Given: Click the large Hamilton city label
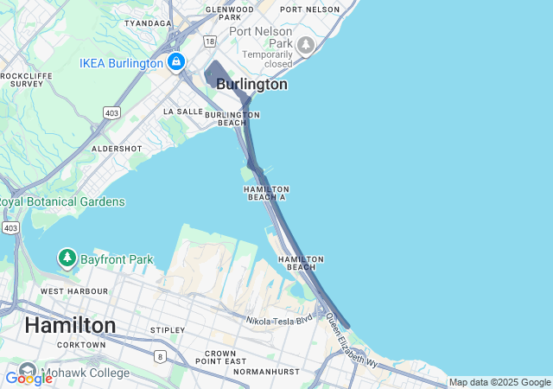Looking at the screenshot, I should (70, 325).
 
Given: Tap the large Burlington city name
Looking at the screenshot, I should (251, 85).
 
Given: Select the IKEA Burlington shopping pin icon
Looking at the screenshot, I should (176, 62).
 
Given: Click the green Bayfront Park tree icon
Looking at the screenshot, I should (67, 258).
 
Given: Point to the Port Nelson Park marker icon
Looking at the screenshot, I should (305, 44).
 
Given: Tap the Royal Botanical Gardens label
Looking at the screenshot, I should (62, 201).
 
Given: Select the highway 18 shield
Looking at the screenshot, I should (210, 41).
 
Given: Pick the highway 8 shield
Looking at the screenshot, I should (160, 355).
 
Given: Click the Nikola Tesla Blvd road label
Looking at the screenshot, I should (280, 321).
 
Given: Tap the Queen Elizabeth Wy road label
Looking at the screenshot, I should (352, 341).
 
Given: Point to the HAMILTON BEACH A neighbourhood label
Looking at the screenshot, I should (266, 193).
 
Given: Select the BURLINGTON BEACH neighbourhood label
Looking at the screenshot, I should (226, 118).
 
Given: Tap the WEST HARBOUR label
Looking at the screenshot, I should (74, 291).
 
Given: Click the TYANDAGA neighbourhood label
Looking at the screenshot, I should (148, 23).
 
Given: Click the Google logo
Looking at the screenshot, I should (29, 378).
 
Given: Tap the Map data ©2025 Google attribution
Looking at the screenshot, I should (499, 382).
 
